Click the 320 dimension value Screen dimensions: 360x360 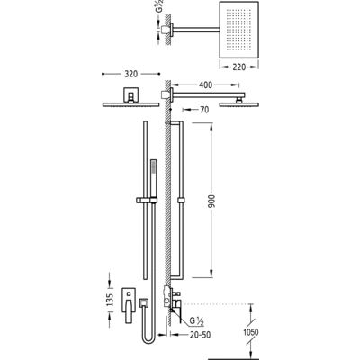131,74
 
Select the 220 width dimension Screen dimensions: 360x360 239,67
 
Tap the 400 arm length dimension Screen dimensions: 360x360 206,85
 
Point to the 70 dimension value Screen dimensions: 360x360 204,110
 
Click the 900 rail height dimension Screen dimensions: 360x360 211,202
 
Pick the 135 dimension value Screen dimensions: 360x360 110,300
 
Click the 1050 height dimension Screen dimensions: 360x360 251,332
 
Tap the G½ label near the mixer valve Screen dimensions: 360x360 197,321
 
